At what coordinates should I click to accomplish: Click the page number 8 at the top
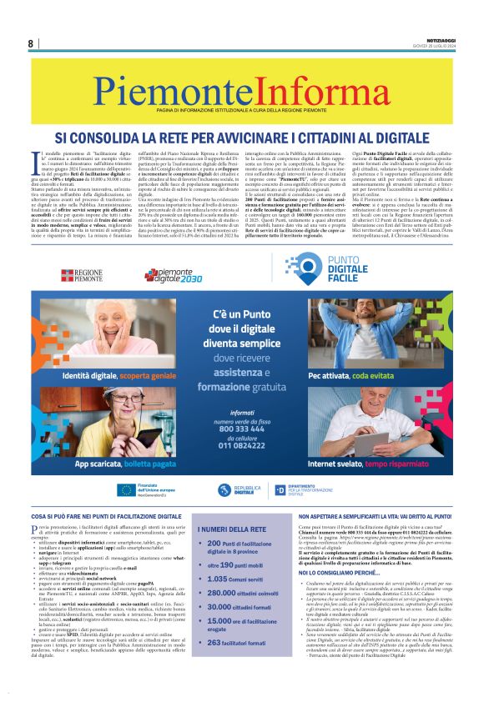tap(30, 43)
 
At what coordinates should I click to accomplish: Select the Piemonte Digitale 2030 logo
tap(174, 274)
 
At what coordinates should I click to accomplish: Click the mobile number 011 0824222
tap(242, 447)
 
